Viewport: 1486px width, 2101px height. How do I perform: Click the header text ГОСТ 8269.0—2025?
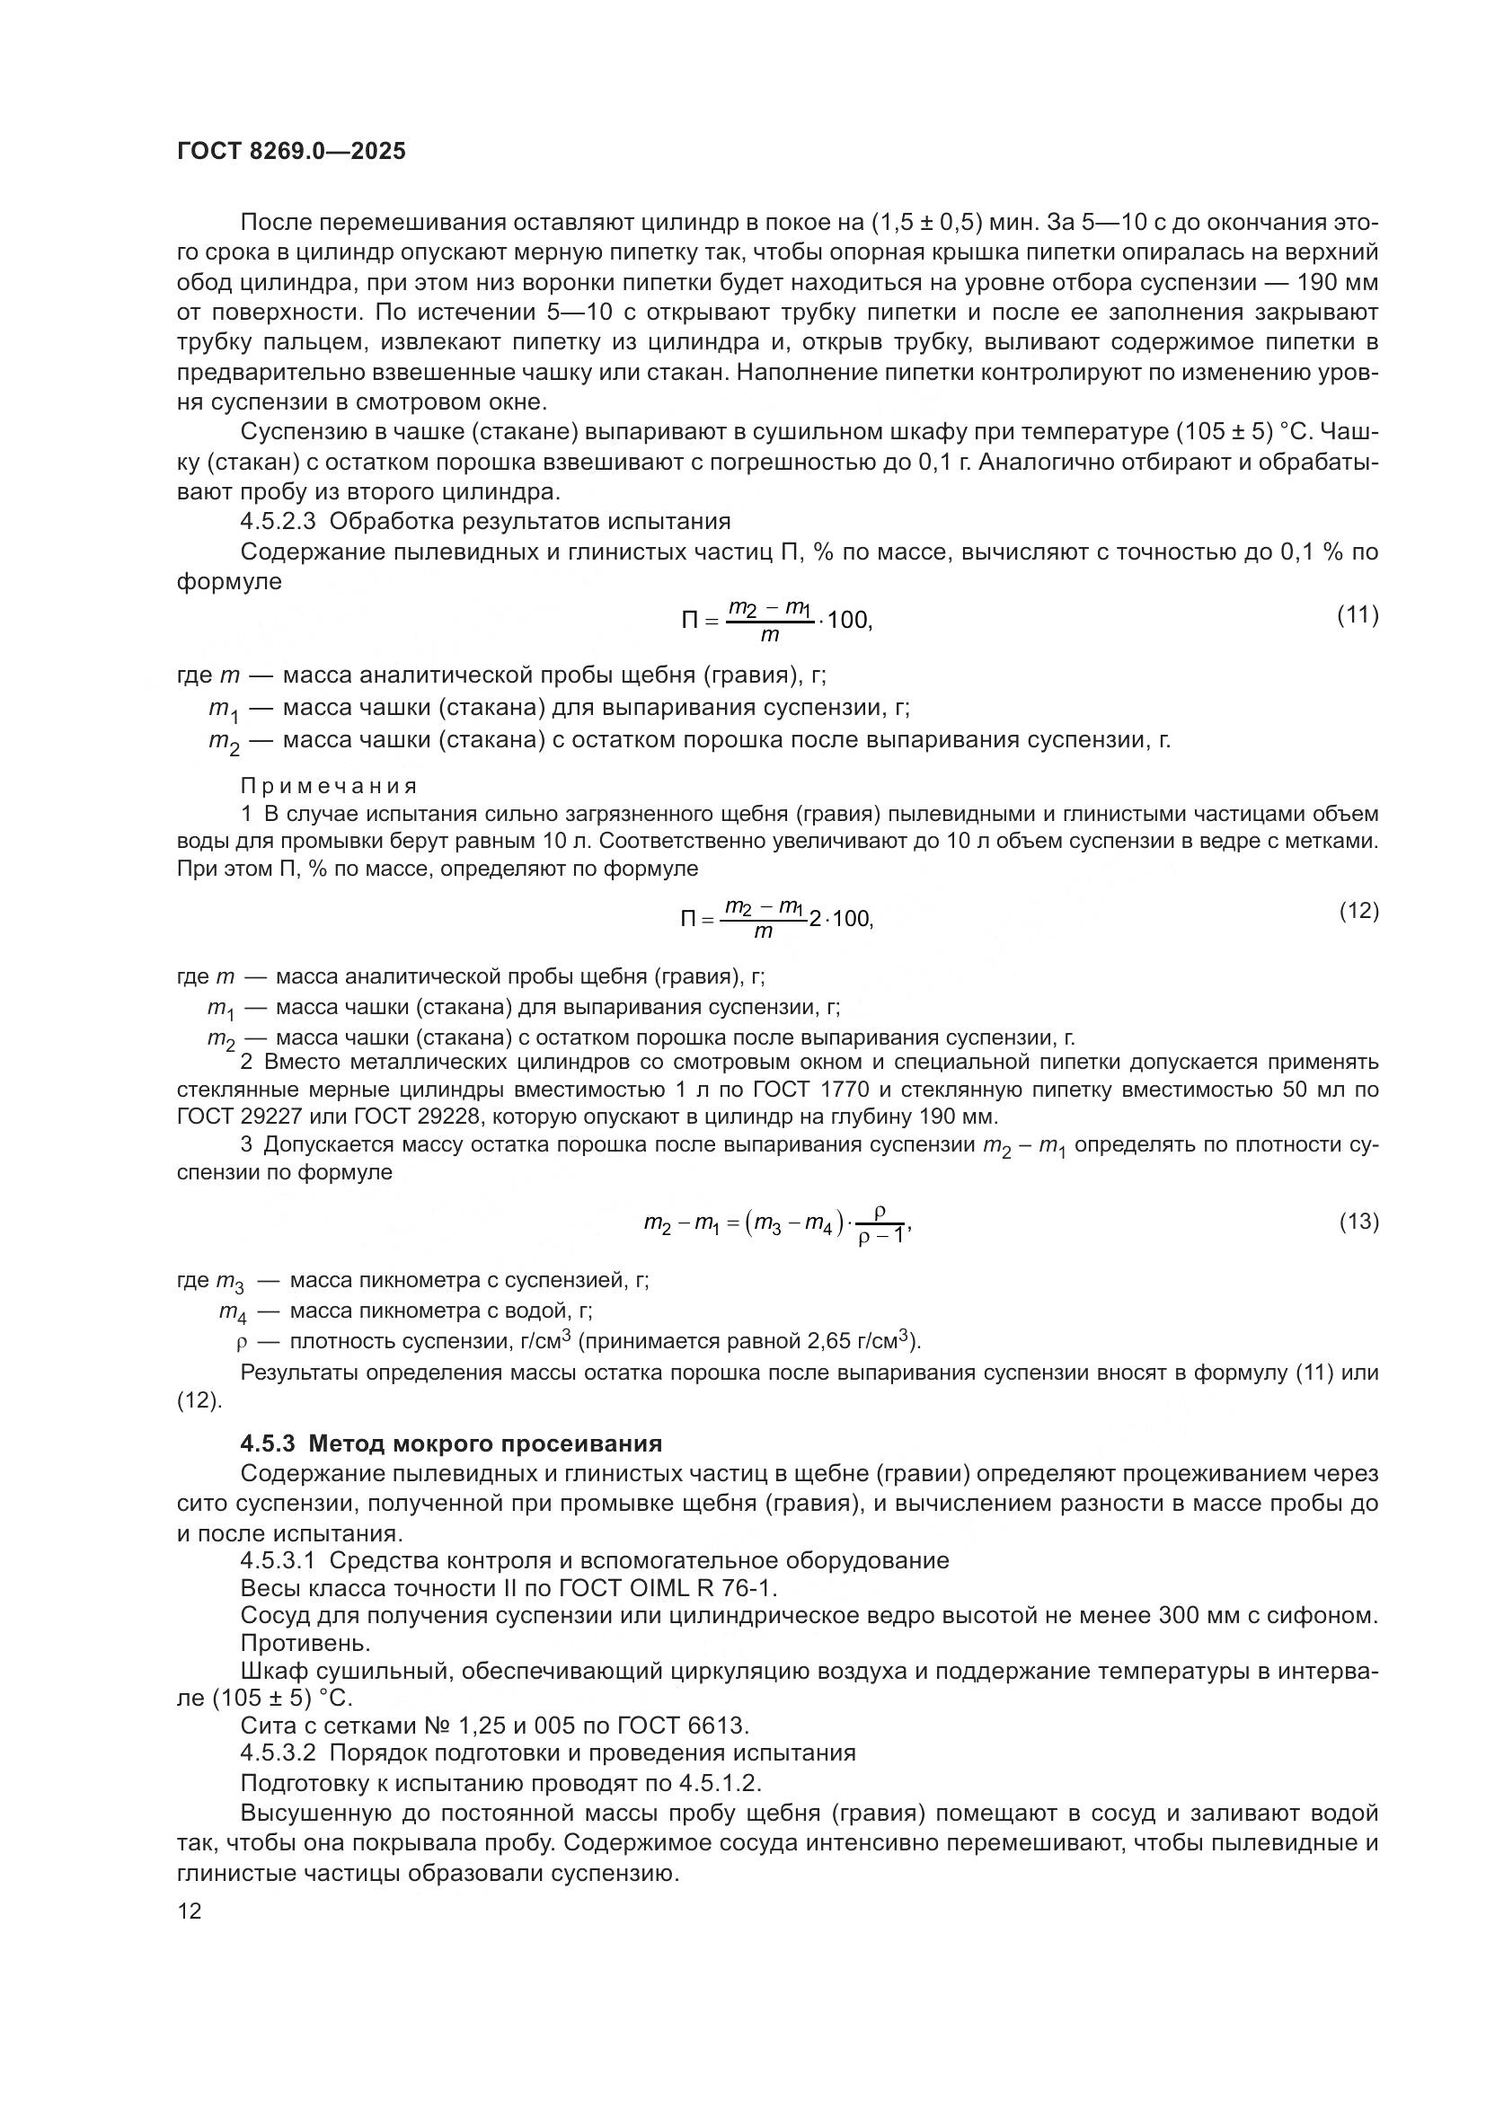click(x=291, y=151)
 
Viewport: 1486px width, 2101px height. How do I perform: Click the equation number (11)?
click(x=1358, y=615)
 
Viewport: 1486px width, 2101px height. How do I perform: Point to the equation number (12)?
click(x=1358, y=911)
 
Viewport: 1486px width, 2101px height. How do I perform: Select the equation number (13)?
click(x=1358, y=1221)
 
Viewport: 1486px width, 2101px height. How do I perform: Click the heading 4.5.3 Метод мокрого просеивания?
click(x=451, y=1443)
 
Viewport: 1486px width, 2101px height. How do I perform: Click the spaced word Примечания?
click(x=330, y=786)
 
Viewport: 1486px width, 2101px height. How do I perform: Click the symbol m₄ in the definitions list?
click(x=234, y=1312)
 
